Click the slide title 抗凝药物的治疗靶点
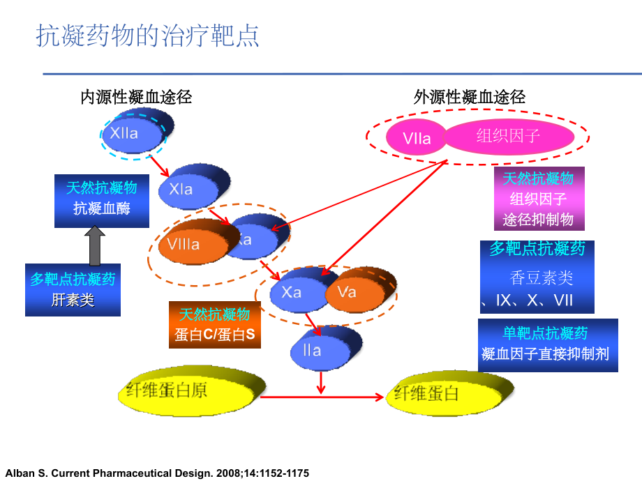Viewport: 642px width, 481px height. click(147, 36)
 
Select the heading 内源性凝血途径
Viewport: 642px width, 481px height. click(136, 97)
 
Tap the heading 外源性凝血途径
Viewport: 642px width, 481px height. click(469, 97)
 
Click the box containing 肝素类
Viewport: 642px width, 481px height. click(73, 289)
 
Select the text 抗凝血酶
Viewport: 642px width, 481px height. click(102, 209)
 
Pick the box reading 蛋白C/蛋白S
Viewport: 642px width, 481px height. click(215, 325)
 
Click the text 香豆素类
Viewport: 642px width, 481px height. click(542, 278)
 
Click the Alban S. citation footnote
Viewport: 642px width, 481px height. click(156, 472)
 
